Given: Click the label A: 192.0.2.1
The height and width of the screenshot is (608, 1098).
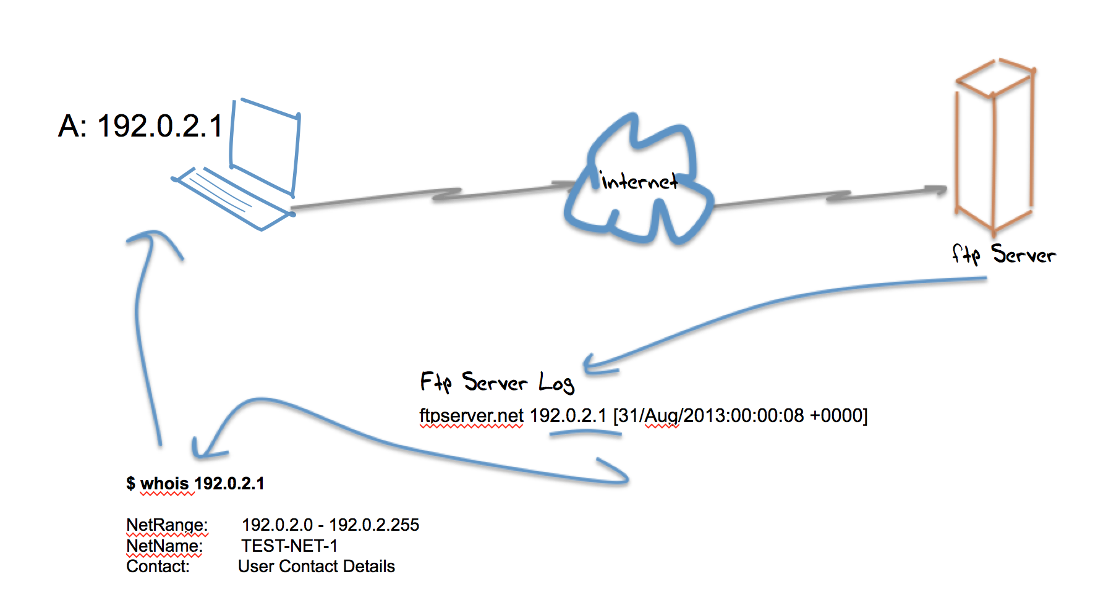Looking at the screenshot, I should coord(140,127).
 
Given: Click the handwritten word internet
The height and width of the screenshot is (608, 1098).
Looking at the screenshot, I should coord(639,181).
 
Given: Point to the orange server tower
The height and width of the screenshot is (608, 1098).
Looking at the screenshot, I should coord(994,148).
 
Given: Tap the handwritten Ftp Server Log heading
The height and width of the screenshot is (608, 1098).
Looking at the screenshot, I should coord(497,382).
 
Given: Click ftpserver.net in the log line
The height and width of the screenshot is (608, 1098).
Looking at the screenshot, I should coord(471,415).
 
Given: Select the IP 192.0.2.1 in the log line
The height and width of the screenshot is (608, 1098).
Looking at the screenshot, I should coord(568,415).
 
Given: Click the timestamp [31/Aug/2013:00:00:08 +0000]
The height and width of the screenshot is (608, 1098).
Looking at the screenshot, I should coord(740,415).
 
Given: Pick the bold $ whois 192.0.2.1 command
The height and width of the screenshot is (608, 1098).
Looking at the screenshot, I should coord(195,483).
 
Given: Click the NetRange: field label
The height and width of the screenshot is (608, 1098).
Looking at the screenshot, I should coord(167,525).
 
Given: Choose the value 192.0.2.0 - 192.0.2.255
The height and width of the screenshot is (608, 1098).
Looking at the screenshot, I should coord(330,525).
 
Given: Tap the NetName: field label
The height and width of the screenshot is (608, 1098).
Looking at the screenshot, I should coord(164,546).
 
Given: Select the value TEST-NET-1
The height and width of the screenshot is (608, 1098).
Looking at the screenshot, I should coord(289,546).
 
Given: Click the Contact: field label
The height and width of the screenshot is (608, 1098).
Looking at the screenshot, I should coord(158,566).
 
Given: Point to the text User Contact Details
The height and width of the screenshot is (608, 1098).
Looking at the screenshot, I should coord(316,566).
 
